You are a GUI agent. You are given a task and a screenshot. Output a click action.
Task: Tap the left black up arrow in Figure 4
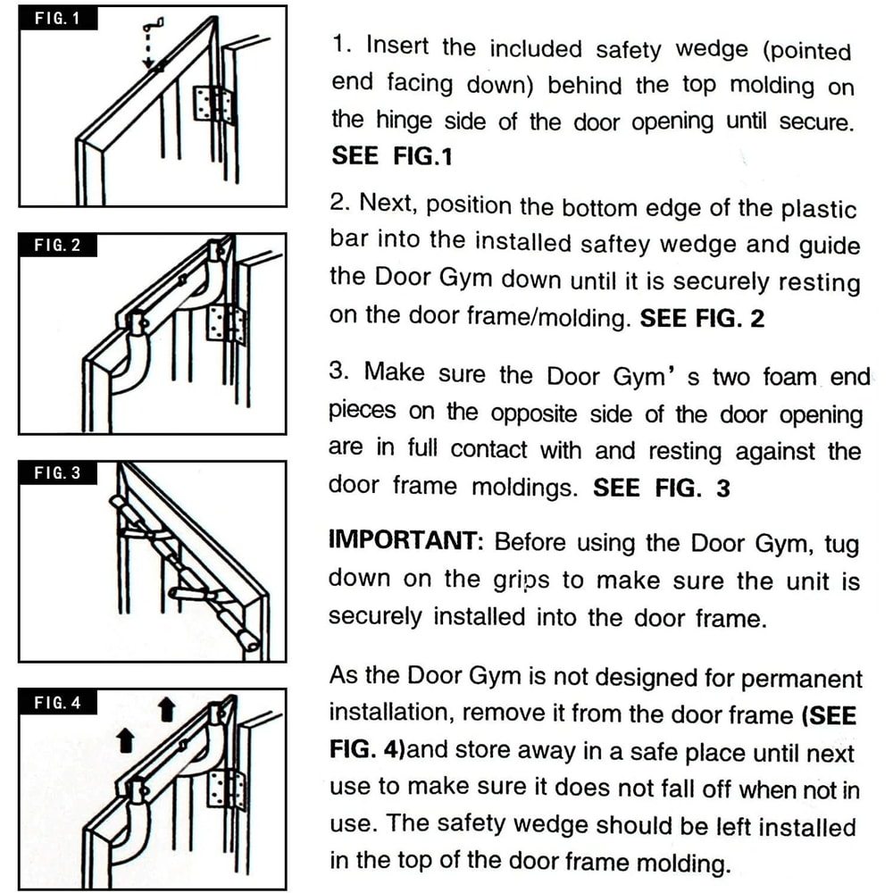pyautogui.click(x=125, y=739)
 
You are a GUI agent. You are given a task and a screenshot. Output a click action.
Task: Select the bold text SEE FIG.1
pyautogui.click(x=392, y=156)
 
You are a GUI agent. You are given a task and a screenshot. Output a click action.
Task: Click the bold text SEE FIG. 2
pyautogui.click(x=702, y=319)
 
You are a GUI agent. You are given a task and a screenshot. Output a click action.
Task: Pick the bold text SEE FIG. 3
pyautogui.click(x=662, y=488)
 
